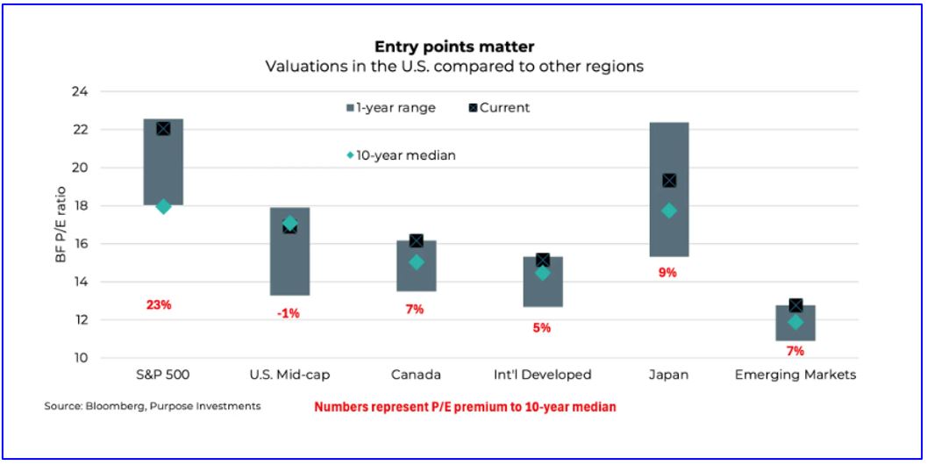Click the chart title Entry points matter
point(454,46)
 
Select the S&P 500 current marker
point(163,129)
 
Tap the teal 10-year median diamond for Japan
point(669,211)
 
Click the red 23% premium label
point(159,305)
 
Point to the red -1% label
point(288,312)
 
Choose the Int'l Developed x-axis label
point(542,375)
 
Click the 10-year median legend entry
point(402,155)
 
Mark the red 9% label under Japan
point(667,272)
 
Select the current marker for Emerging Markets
point(795,305)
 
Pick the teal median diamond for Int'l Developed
point(543,273)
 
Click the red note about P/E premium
point(465,407)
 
